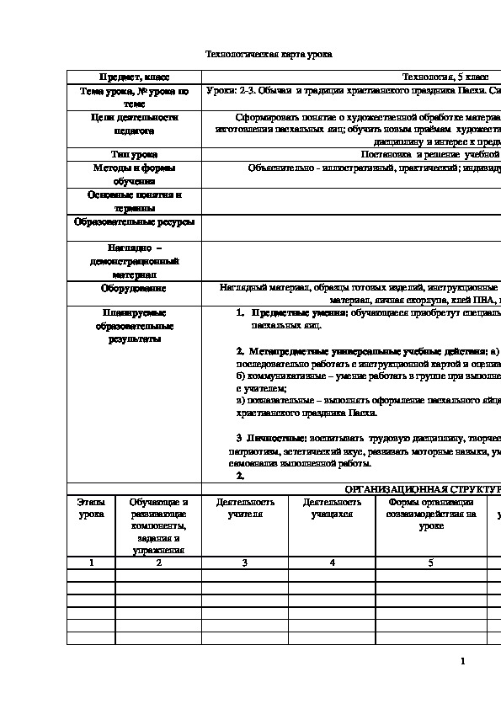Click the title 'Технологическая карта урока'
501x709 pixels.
click(x=269, y=54)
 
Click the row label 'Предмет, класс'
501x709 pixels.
click(x=134, y=76)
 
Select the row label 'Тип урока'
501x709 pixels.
click(x=134, y=154)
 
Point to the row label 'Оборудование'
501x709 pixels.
click(x=134, y=288)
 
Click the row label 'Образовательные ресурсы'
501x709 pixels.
click(x=134, y=223)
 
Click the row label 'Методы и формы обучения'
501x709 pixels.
click(x=134, y=174)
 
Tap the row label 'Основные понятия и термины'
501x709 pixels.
click(x=134, y=201)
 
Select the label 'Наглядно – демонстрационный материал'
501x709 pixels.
click(x=134, y=261)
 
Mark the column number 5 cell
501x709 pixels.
click(x=431, y=562)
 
